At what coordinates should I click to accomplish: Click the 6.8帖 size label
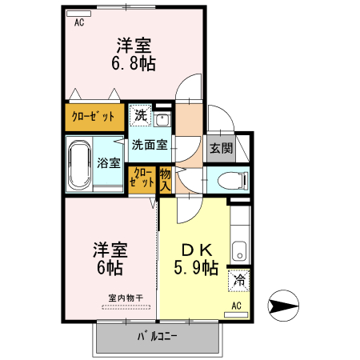[132, 60]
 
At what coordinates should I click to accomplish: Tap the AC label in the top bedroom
[79, 23]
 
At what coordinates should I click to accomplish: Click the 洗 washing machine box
[140, 115]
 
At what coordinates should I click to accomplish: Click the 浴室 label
[109, 164]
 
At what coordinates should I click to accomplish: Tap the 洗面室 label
[150, 146]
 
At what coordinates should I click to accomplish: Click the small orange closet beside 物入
[144, 177]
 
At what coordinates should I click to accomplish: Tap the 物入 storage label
[166, 178]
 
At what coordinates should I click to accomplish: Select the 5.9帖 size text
[196, 269]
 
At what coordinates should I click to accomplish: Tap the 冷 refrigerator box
[238, 282]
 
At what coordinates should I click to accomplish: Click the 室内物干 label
[126, 299]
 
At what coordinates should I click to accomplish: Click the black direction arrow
[283, 305]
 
